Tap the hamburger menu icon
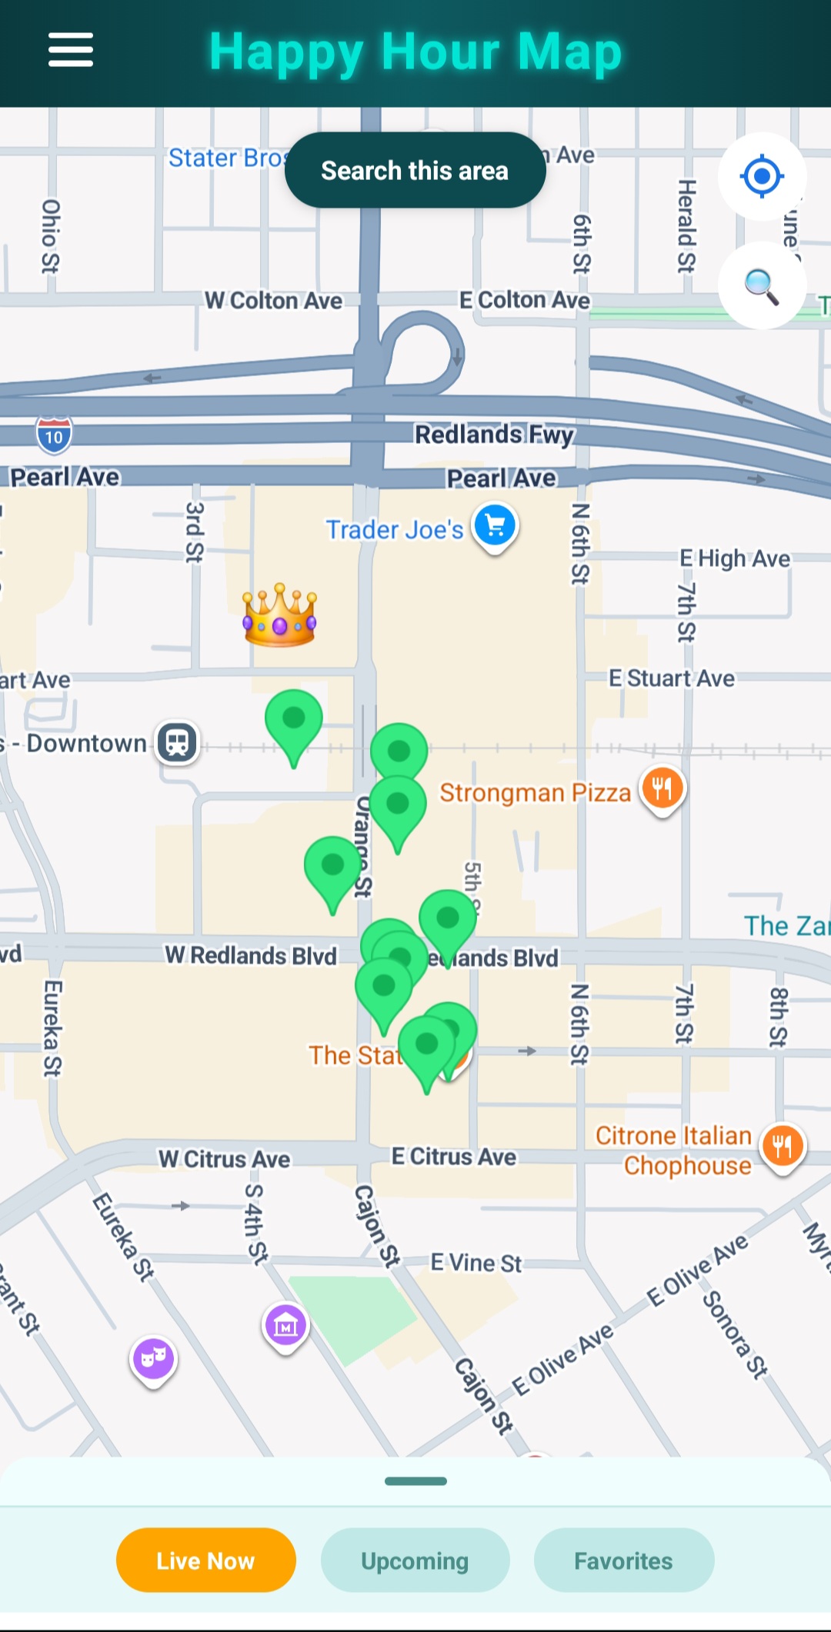(71, 50)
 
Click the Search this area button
(415, 170)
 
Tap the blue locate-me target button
(762, 176)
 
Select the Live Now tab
(205, 1560)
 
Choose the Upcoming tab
(415, 1560)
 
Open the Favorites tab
(623, 1560)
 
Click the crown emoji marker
(279, 615)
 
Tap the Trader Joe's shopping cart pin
(496, 526)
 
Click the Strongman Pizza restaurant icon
(662, 788)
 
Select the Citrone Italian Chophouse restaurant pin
(783, 1146)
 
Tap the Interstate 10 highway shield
(54, 436)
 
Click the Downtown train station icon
(178, 743)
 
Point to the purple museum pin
(285, 1325)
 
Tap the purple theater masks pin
(153, 1358)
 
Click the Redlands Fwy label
(494, 435)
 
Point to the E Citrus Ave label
(453, 1157)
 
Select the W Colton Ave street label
(273, 301)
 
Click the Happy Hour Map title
(415, 52)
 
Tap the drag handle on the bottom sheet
(415, 1481)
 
